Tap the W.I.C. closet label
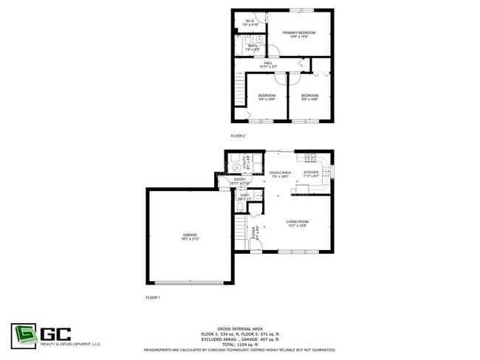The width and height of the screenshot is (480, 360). pos(250,22)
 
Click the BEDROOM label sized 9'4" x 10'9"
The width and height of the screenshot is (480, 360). pos(267,97)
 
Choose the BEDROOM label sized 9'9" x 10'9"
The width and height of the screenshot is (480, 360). pos(309,97)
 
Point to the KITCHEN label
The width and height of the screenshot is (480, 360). pos(311,173)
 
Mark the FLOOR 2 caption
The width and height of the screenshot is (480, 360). pos(238,136)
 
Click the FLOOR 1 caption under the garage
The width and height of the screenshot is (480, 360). pos(153,297)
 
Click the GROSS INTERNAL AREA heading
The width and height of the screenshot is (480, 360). pos(240,328)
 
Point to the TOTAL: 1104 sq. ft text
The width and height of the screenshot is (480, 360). pos(240,344)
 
